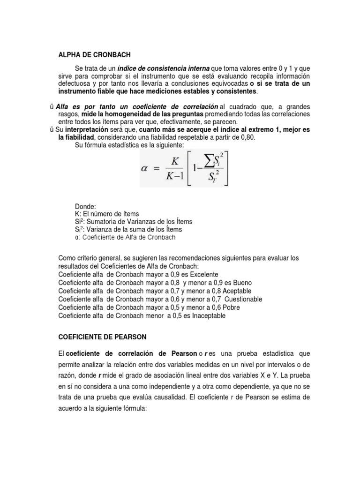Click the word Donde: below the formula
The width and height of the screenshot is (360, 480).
[85, 206]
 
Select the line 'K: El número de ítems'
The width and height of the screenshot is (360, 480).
[107, 214]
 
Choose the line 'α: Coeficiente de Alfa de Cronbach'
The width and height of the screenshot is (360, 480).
[125, 237]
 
